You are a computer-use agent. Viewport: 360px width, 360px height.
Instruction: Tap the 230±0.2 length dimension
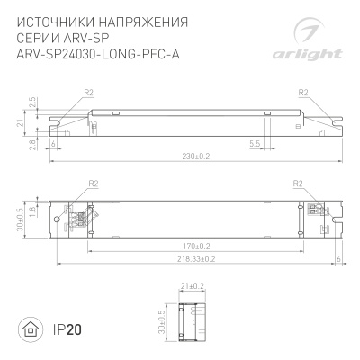pos(196,156)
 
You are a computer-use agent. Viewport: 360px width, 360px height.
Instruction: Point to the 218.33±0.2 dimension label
pos(195,258)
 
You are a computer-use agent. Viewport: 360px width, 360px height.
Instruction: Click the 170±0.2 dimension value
pos(196,245)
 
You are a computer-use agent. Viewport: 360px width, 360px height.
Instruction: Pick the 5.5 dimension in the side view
pos(255,142)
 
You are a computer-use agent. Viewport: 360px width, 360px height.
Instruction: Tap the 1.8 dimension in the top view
pos(31,209)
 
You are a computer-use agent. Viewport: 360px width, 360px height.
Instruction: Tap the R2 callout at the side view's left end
pos(88,93)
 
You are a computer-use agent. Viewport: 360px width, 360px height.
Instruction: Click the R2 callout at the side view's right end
pos(303,93)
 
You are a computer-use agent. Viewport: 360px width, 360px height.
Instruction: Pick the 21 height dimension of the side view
pos(19,122)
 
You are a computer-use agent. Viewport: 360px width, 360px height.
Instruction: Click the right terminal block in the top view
pos(315,211)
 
